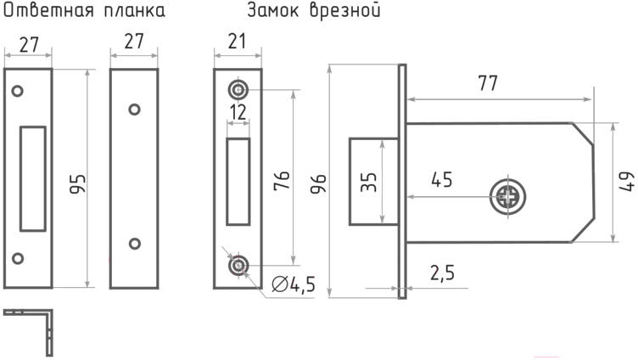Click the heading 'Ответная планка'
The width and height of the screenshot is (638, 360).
[x=83, y=12]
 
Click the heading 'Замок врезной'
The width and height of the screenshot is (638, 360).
[x=313, y=12]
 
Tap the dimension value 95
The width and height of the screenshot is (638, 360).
[x=77, y=184]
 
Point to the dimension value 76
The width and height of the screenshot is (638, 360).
[x=283, y=181]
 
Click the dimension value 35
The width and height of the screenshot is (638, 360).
[x=369, y=182]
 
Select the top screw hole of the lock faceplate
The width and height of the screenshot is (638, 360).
[x=238, y=89]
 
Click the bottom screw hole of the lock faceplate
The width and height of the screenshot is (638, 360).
[x=238, y=267]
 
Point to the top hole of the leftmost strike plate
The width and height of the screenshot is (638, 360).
[x=16, y=89]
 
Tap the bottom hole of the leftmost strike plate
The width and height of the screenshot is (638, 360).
[x=16, y=257]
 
